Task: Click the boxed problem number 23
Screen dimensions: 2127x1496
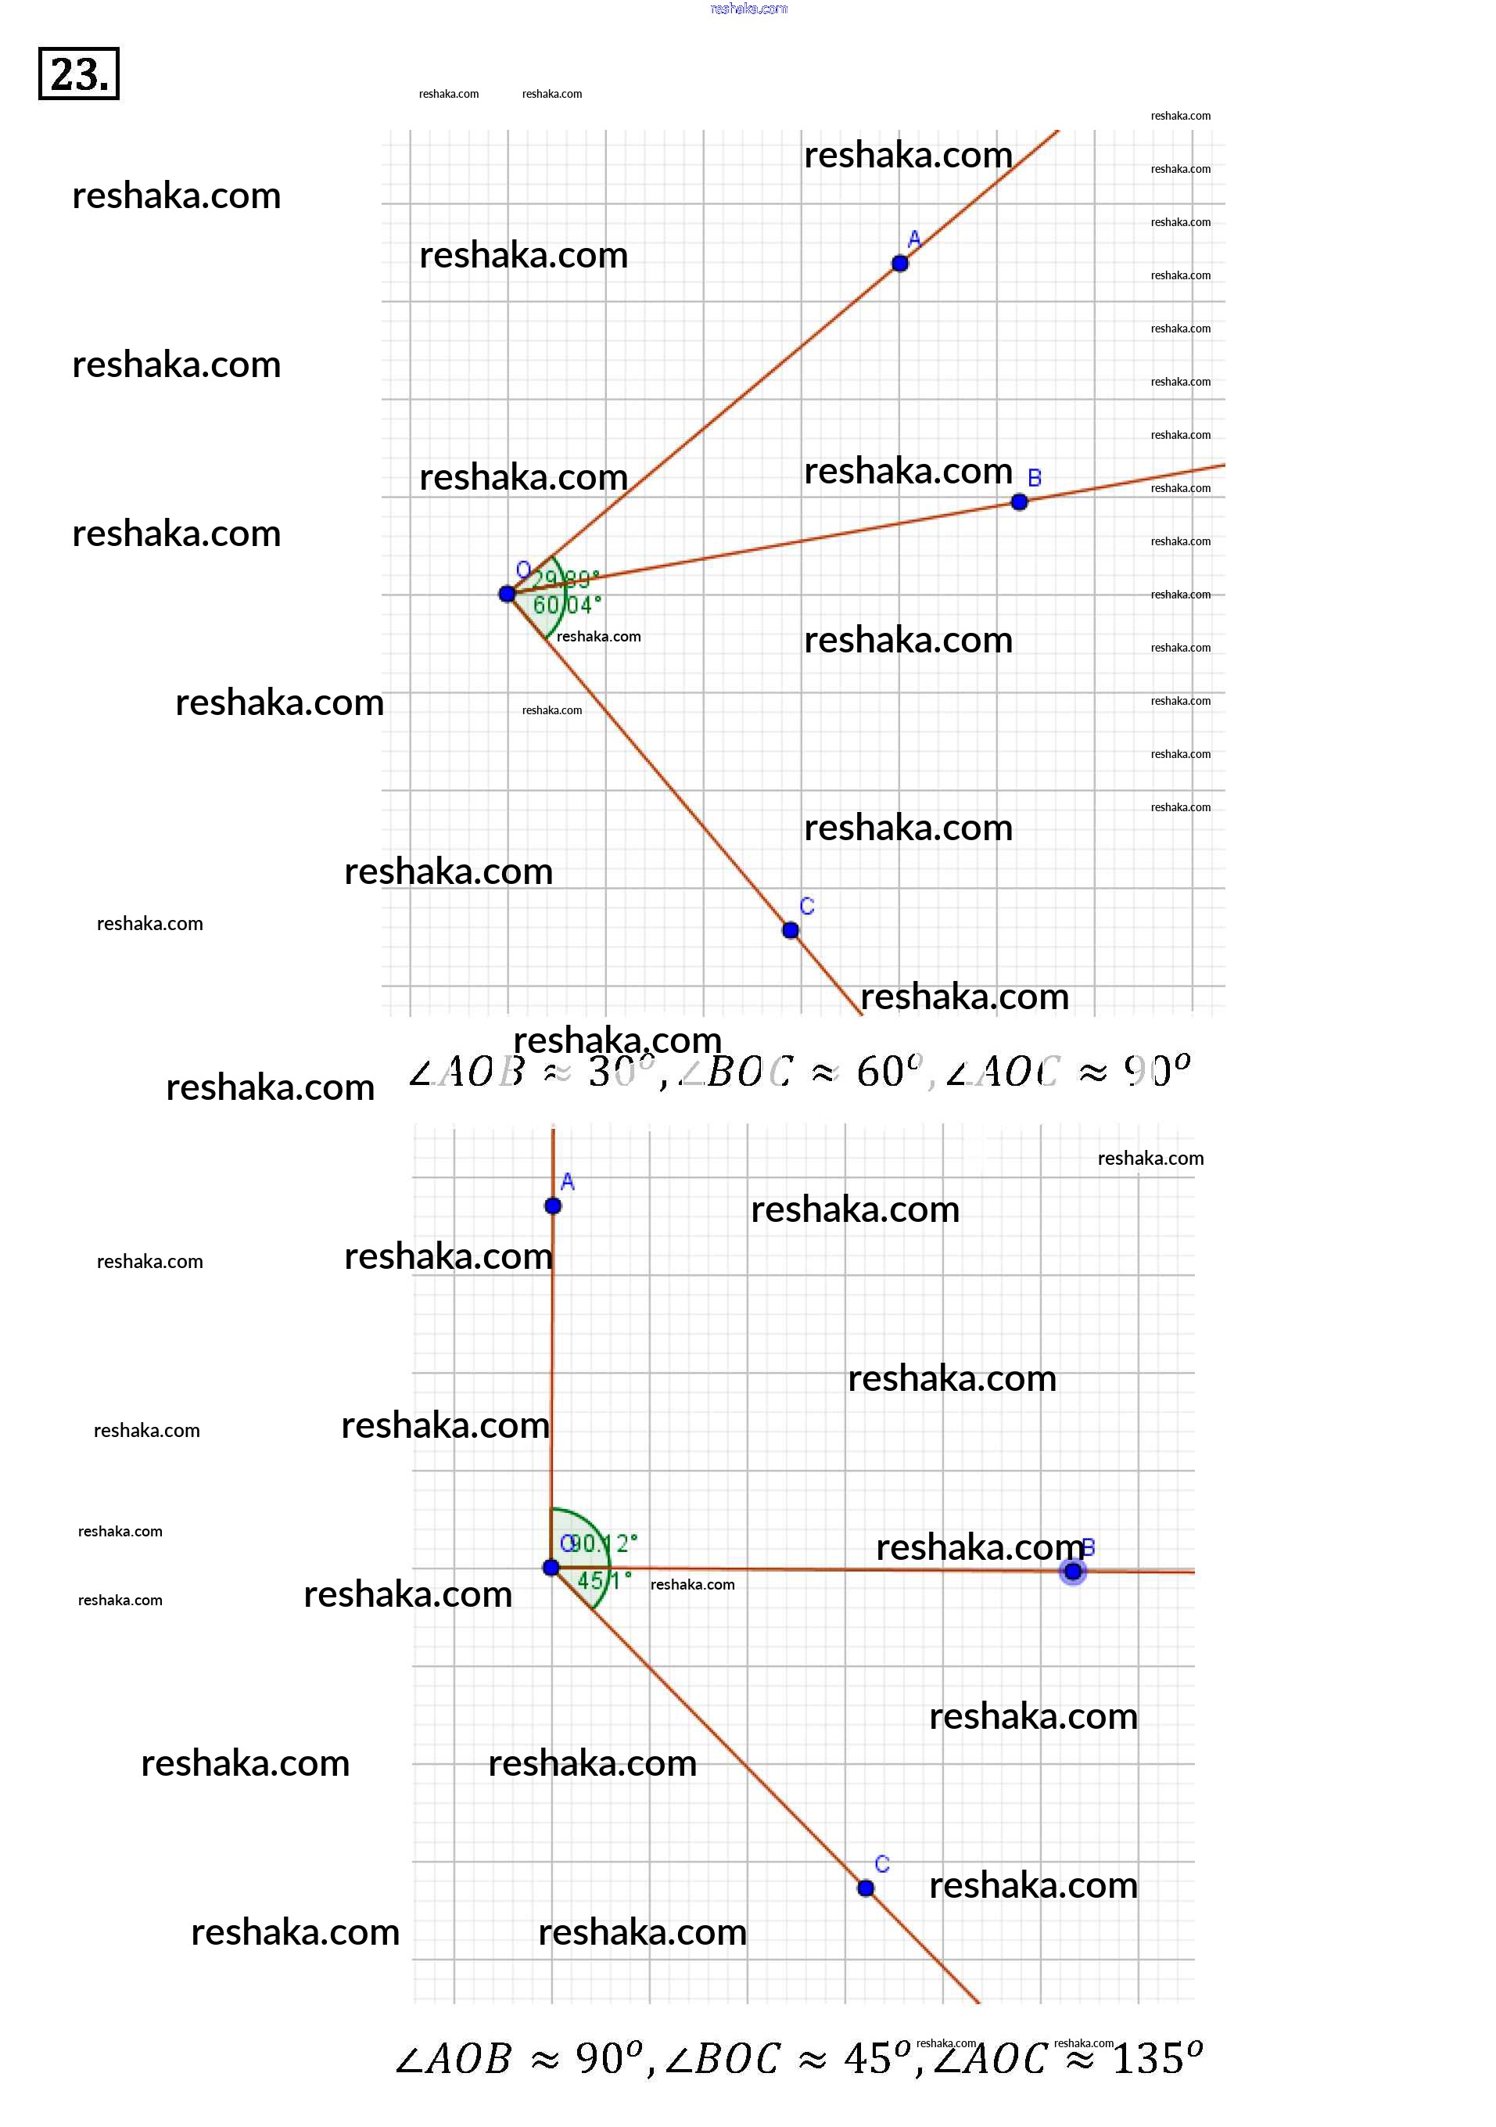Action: coord(79,74)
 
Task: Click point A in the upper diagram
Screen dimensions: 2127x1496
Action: coord(899,263)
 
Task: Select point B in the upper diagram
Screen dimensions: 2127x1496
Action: coord(1019,502)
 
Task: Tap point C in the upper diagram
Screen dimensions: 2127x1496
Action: coord(790,930)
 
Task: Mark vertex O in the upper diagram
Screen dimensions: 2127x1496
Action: coord(507,594)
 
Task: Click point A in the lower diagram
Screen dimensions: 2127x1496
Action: coord(553,1205)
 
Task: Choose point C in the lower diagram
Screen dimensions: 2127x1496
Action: coord(865,1888)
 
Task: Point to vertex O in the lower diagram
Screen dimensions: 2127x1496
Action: coord(551,1568)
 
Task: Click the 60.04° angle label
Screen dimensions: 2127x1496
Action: coord(567,605)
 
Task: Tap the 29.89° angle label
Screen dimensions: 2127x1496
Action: coord(567,580)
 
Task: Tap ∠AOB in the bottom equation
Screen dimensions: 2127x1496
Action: coord(454,2060)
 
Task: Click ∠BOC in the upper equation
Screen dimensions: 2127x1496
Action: coord(737,1072)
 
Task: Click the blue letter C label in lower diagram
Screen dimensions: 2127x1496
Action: coord(882,1864)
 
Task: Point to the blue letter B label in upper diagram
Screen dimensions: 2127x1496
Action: coord(1035,478)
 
